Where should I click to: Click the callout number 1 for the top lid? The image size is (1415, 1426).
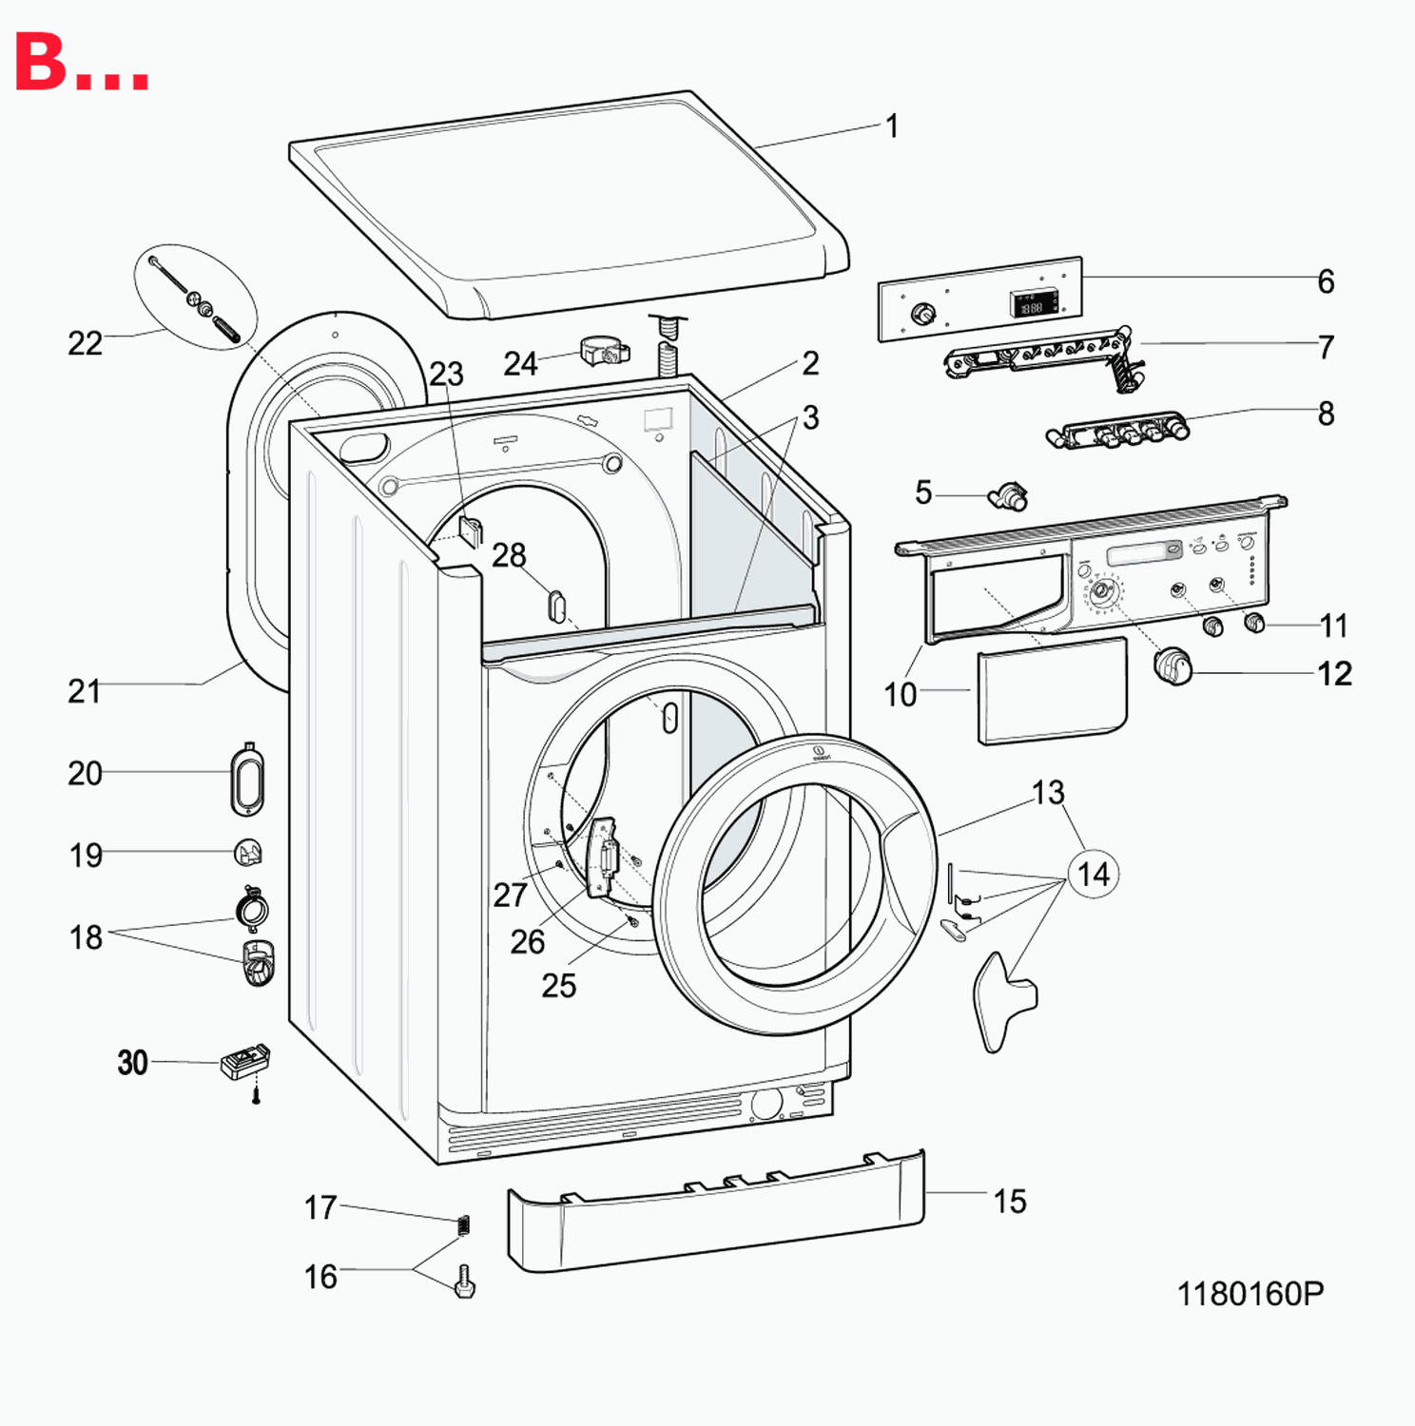pyautogui.click(x=892, y=126)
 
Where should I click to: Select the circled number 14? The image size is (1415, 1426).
pyautogui.click(x=1094, y=874)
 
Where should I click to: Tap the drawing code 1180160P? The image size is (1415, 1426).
pyautogui.click(x=1250, y=1294)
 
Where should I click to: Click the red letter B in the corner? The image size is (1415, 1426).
pyautogui.click(x=41, y=63)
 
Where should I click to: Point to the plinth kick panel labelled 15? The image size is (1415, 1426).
pyautogui.click(x=715, y=1209)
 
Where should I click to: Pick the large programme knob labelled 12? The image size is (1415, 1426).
pyautogui.click(x=1173, y=665)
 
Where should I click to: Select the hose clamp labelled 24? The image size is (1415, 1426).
pyautogui.click(x=605, y=352)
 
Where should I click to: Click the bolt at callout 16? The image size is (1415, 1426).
pyautogui.click(x=465, y=1281)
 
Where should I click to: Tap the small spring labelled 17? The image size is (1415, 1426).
pyautogui.click(x=464, y=1224)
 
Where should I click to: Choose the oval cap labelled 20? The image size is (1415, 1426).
pyautogui.click(x=247, y=780)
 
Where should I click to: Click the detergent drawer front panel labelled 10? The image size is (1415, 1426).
pyautogui.click(x=1052, y=691)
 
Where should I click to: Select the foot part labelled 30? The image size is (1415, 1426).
pyautogui.click(x=245, y=1062)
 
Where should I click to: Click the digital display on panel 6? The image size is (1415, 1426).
pyautogui.click(x=1033, y=304)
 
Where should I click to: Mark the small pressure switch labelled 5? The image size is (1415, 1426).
pyautogui.click(x=1009, y=495)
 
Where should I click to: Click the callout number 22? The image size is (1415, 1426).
pyautogui.click(x=85, y=343)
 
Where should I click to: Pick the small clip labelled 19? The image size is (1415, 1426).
pyautogui.click(x=248, y=853)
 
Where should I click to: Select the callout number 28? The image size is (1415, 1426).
pyautogui.click(x=509, y=555)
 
